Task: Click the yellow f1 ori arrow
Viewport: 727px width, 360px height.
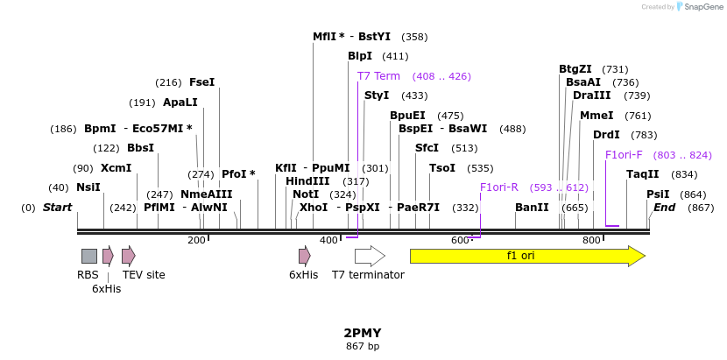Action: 526,256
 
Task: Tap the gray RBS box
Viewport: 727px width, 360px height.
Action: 89,256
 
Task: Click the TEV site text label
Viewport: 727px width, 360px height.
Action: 144,275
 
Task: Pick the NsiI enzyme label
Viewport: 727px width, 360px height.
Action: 88,187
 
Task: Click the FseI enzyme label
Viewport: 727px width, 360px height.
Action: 201,82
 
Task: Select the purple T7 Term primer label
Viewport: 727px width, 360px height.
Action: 378,76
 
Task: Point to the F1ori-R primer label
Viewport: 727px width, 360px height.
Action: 499,187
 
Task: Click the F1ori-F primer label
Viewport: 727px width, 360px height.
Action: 624,155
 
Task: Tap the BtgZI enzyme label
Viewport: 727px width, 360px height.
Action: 575,69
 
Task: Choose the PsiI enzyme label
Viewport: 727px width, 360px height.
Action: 658,194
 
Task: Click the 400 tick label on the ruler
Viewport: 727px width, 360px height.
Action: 328,240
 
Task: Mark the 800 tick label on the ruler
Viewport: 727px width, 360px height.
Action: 591,240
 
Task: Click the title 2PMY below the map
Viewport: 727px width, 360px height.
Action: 363,334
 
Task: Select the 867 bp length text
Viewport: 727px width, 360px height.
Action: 363,347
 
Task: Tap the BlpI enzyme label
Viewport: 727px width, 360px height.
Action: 360,56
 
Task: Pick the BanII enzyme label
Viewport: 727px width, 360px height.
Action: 532,208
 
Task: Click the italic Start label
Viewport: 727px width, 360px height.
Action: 57,208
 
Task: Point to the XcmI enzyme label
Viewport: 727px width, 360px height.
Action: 116,168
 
